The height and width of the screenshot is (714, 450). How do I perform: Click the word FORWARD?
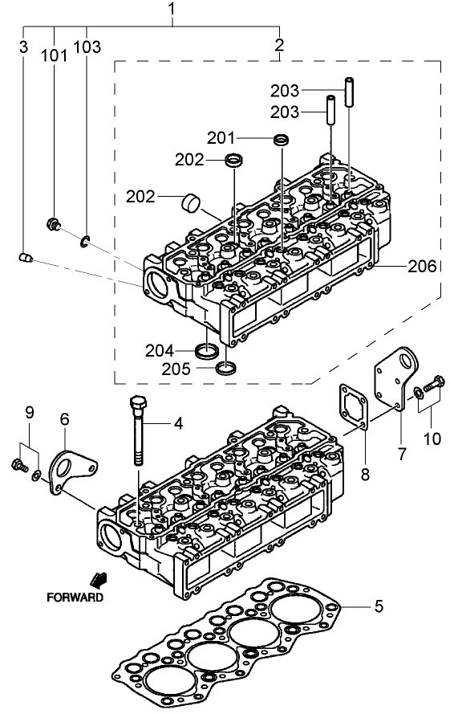pos(75,598)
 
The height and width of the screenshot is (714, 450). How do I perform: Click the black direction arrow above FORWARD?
pos(100,580)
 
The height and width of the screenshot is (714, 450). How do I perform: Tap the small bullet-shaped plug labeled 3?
pos(25,257)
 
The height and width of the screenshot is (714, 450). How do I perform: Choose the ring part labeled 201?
pos(281,141)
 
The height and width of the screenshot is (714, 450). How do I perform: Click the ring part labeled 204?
pos(207,351)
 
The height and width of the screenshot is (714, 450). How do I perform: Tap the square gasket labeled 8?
pos(351,407)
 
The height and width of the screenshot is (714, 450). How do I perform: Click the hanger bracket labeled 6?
pos(68,470)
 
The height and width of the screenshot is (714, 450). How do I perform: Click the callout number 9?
pos(29,413)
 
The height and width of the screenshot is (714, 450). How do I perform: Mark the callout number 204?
pos(160,350)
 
